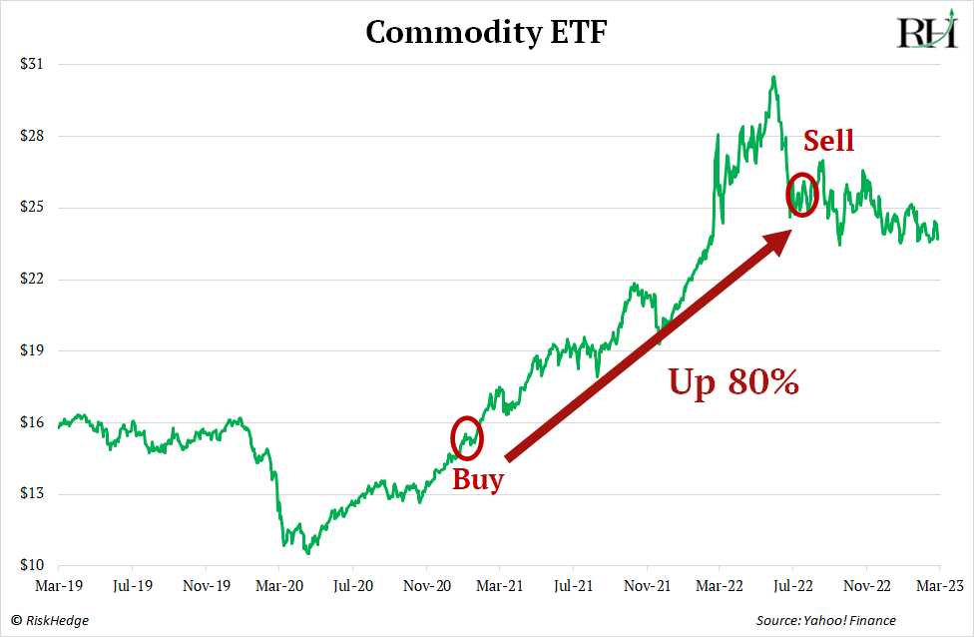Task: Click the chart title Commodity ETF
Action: tap(486, 33)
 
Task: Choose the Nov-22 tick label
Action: tap(866, 585)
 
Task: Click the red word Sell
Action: tap(828, 141)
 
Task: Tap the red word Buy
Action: tap(478, 479)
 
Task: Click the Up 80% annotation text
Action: tap(733, 381)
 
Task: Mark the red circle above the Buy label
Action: tap(467, 436)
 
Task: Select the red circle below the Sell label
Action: tap(802, 195)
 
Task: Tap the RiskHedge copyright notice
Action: tap(50, 621)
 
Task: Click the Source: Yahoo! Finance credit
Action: tap(825, 621)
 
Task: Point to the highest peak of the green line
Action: tap(772, 77)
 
